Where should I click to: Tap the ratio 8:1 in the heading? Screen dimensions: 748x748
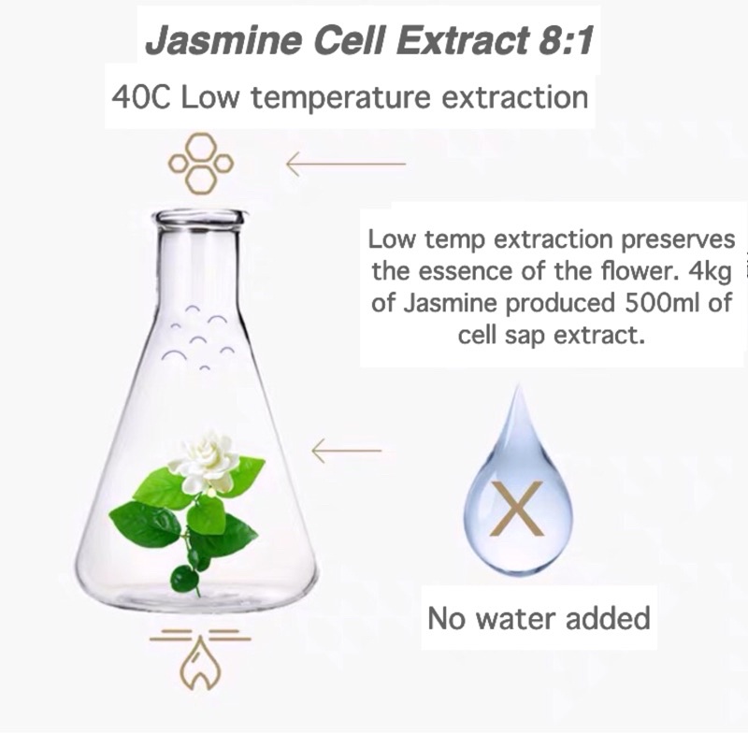(x=567, y=39)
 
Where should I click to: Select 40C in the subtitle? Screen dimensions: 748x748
(x=140, y=97)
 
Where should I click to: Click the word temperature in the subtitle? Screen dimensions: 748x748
(x=341, y=98)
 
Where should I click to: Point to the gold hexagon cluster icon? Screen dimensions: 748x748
(x=201, y=164)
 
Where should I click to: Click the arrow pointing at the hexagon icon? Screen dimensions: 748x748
(x=346, y=164)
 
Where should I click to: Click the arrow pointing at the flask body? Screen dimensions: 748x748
(x=347, y=451)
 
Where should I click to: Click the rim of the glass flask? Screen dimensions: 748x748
(x=199, y=218)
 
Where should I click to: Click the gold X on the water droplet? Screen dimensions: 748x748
(x=518, y=509)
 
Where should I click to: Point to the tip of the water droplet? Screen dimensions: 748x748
(x=517, y=385)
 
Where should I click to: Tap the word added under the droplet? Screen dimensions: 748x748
(x=608, y=618)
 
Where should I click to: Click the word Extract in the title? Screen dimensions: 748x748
(x=463, y=39)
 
